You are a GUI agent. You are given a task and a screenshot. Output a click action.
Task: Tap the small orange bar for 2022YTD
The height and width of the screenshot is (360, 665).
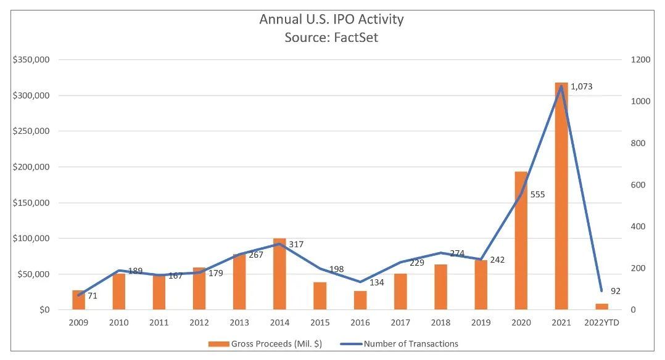[x=601, y=306]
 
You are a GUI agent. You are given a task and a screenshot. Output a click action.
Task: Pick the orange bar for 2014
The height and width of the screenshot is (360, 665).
[x=279, y=274]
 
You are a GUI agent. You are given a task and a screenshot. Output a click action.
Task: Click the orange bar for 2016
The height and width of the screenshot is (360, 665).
[x=360, y=300]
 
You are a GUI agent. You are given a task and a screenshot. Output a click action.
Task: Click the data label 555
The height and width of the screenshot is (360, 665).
[x=537, y=195]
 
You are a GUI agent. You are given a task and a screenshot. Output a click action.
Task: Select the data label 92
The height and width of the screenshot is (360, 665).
[x=615, y=291]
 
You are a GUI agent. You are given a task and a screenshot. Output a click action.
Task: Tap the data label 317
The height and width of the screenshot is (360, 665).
[x=297, y=244]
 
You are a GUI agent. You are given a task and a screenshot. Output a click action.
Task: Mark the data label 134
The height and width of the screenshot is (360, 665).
[x=377, y=282]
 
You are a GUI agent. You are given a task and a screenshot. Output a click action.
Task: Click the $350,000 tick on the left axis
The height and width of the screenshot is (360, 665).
[x=31, y=60]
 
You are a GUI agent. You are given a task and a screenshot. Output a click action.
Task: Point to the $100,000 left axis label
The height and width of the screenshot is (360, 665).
[x=31, y=239]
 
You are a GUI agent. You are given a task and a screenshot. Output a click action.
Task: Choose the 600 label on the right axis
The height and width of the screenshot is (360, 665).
[x=638, y=185]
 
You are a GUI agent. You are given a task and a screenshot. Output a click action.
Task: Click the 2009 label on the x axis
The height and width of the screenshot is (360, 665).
[x=78, y=323]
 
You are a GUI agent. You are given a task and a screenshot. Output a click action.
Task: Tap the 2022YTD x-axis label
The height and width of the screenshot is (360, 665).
[x=601, y=323]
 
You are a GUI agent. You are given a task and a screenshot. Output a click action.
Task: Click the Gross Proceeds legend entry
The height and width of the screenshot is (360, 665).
[x=265, y=343]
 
